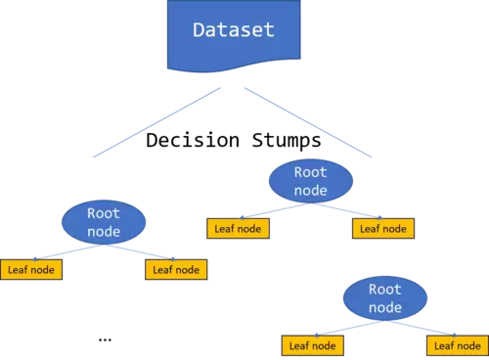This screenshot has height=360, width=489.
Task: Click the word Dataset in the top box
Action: [233, 30]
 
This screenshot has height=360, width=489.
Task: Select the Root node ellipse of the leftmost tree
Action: [104, 223]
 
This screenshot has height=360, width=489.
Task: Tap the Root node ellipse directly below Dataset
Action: [311, 180]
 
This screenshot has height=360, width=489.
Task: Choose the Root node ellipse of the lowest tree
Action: [385, 298]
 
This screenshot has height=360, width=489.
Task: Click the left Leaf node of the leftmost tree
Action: [31, 269]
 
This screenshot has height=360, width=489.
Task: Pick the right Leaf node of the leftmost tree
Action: [176, 269]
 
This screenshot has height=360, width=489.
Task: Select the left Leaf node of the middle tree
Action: [237, 229]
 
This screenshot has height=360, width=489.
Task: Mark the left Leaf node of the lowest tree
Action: [312, 345]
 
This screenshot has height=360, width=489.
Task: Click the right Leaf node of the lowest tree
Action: [456, 345]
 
